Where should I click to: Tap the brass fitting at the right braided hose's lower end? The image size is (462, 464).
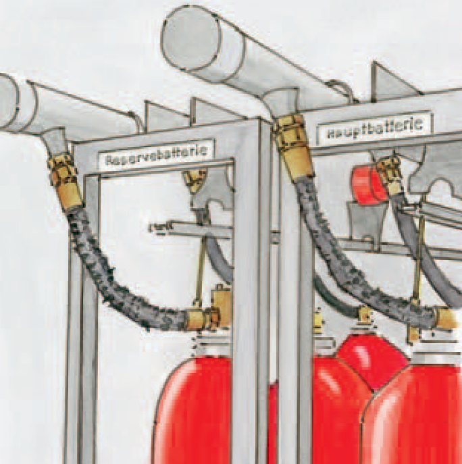(x=442, y=317)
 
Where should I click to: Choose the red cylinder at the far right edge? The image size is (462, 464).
(x=419, y=419)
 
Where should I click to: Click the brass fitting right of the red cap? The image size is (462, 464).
(x=391, y=174)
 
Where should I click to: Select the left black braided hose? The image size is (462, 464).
(x=115, y=270)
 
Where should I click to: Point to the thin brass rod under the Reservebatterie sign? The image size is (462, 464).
(x=200, y=270)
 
